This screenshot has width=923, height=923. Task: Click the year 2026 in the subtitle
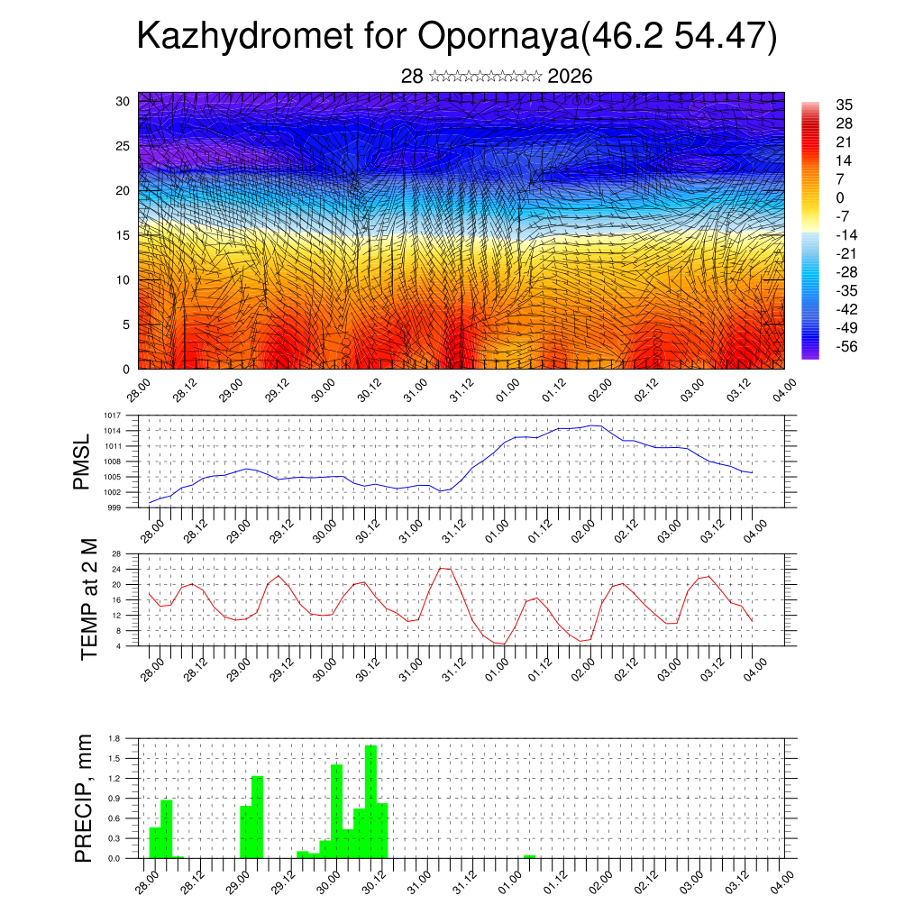pos(570,77)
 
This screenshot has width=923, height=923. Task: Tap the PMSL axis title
pos(83,461)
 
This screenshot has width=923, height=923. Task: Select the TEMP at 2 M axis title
pos(89,599)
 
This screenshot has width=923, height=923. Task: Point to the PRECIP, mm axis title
pos(84,799)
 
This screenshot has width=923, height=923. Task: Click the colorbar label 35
pos(845,105)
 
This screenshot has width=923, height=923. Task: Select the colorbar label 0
pos(840,197)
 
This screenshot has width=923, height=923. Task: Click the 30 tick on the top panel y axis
pos(123,101)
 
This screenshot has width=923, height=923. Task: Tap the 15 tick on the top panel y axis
pos(123,235)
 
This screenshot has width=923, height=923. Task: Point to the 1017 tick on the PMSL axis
pos(112,416)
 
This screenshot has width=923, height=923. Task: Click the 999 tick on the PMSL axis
pos(114,507)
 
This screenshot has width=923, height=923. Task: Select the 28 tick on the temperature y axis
pos(116,553)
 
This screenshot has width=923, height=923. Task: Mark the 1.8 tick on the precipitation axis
pos(114,738)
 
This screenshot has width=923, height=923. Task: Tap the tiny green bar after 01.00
pos(530,856)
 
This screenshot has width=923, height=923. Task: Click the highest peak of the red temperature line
pos(443,568)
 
